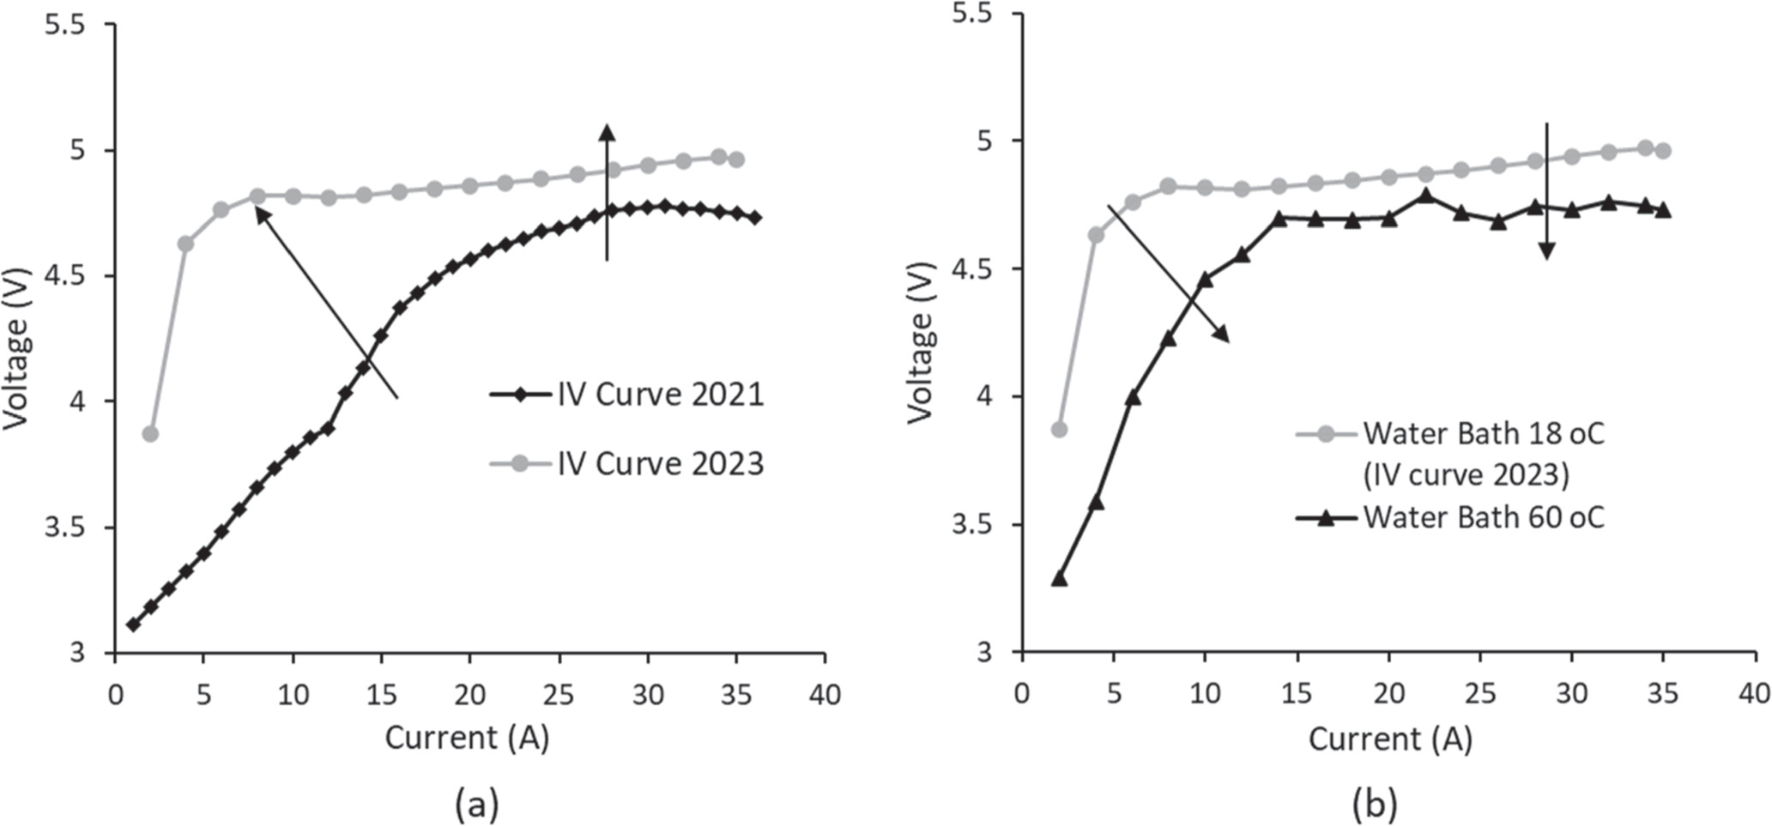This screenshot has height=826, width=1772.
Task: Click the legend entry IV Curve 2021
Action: (x=660, y=395)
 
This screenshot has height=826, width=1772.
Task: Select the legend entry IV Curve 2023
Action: (x=660, y=463)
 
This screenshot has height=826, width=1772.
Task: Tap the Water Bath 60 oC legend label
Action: (x=1483, y=518)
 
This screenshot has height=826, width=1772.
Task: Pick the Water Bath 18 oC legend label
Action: (x=1483, y=434)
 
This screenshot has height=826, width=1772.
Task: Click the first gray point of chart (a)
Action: (x=150, y=434)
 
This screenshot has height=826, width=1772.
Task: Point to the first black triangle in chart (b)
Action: (x=1059, y=579)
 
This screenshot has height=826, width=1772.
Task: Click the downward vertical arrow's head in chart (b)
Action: (x=1546, y=251)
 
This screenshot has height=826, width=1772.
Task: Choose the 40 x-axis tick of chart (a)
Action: (x=825, y=694)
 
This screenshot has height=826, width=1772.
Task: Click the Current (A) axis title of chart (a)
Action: (x=467, y=738)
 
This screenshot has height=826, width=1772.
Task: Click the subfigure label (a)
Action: (x=476, y=805)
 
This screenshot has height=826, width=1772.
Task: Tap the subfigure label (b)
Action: (x=1375, y=805)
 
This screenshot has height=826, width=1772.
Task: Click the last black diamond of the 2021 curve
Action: (x=754, y=218)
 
